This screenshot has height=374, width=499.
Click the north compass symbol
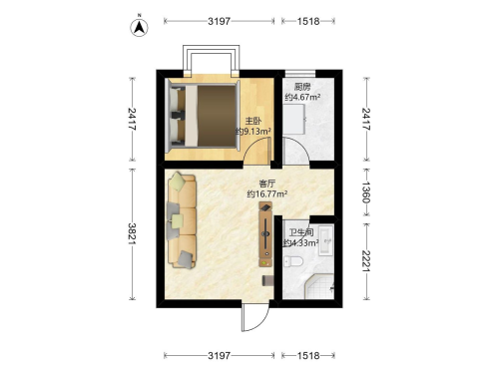(x=139, y=27)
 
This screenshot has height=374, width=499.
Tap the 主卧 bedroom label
(x=253, y=121)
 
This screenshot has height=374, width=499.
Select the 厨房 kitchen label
(x=302, y=87)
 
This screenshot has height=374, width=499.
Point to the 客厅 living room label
(x=267, y=184)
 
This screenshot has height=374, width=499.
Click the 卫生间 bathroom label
(x=301, y=232)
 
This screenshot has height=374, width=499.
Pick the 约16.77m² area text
(x=267, y=193)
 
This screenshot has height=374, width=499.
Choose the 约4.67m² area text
(x=302, y=97)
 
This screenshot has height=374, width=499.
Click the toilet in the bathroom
(x=293, y=261)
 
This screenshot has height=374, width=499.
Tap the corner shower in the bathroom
(x=319, y=286)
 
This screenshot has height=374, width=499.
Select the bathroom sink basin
(x=325, y=240)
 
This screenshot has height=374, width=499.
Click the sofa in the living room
(x=182, y=220)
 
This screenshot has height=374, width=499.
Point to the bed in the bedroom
(x=203, y=116)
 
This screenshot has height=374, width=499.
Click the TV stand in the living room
(x=265, y=234)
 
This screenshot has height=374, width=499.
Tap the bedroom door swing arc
(x=256, y=151)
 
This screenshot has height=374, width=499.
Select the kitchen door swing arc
(x=295, y=151)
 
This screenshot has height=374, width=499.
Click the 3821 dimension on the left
(x=133, y=233)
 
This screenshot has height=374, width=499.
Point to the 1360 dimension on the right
(x=366, y=191)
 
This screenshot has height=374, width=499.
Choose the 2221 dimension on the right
(x=366, y=260)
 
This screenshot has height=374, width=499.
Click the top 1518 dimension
(x=308, y=21)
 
